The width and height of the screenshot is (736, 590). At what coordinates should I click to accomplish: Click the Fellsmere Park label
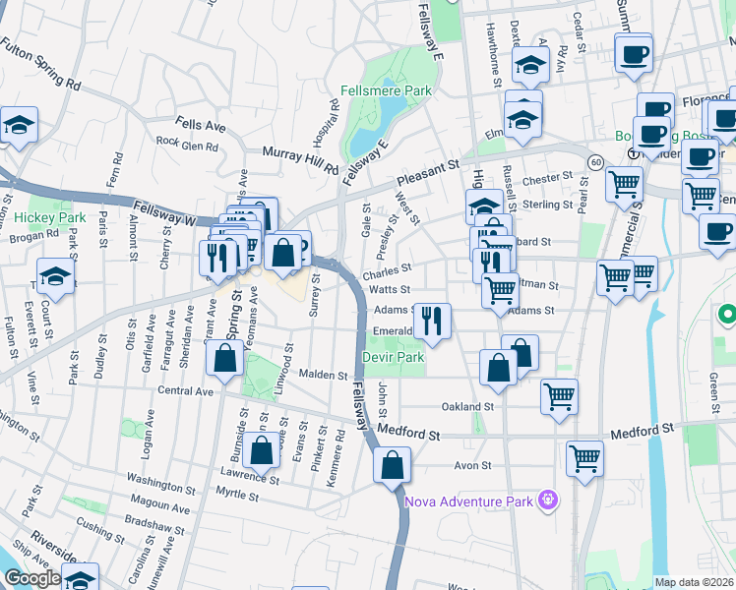pos(399,90)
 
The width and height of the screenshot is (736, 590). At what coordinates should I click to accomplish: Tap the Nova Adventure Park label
pos(468,501)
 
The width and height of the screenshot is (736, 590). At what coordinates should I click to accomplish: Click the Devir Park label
pos(393,358)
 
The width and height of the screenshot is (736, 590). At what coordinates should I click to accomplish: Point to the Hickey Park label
pos(37,217)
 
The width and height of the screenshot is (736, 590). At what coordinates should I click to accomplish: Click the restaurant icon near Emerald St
pos(432,320)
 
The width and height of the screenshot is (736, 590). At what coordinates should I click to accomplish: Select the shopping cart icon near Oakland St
pos(559,395)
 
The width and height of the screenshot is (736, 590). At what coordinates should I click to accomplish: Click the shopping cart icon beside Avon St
pos(584,458)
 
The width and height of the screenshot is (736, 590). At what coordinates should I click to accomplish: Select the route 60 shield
pos(596,160)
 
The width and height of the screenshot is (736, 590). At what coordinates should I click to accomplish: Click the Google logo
pos(33,578)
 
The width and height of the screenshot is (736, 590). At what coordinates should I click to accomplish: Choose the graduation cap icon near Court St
pos(56,276)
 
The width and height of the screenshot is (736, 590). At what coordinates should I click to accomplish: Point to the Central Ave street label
pos(185,391)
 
